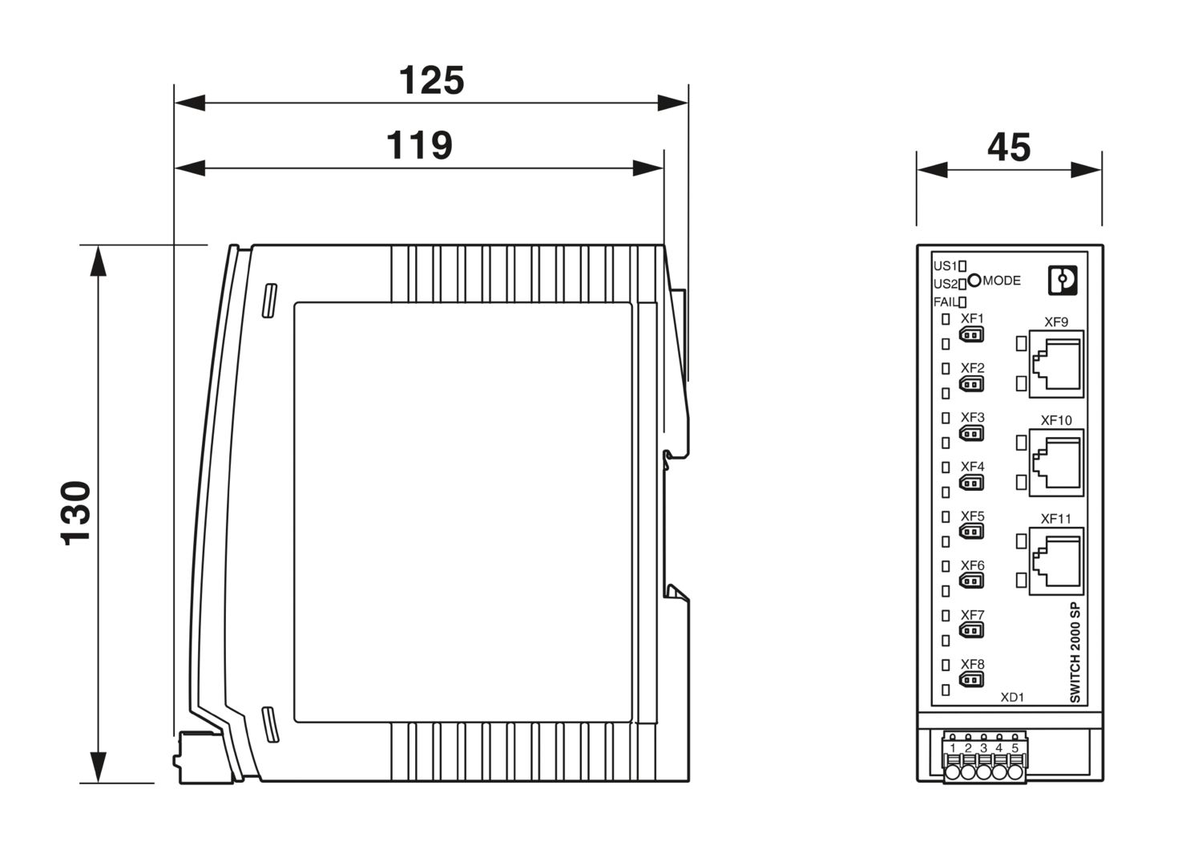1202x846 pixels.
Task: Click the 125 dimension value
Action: point(431,81)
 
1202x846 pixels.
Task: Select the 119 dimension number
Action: point(419,146)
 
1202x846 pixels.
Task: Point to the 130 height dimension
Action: point(77,513)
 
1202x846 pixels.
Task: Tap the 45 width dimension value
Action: point(1009,148)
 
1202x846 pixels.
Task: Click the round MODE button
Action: point(974,280)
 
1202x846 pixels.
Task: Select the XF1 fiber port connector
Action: point(971,335)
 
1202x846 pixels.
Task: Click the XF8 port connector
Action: point(971,681)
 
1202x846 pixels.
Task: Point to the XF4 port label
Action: point(972,467)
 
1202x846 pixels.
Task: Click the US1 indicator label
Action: point(946,265)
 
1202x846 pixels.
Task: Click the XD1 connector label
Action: point(1012,698)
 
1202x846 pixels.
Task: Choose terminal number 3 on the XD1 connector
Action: point(983,748)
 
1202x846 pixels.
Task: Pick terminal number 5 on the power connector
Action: point(1014,748)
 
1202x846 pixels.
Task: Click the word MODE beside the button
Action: point(1002,281)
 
